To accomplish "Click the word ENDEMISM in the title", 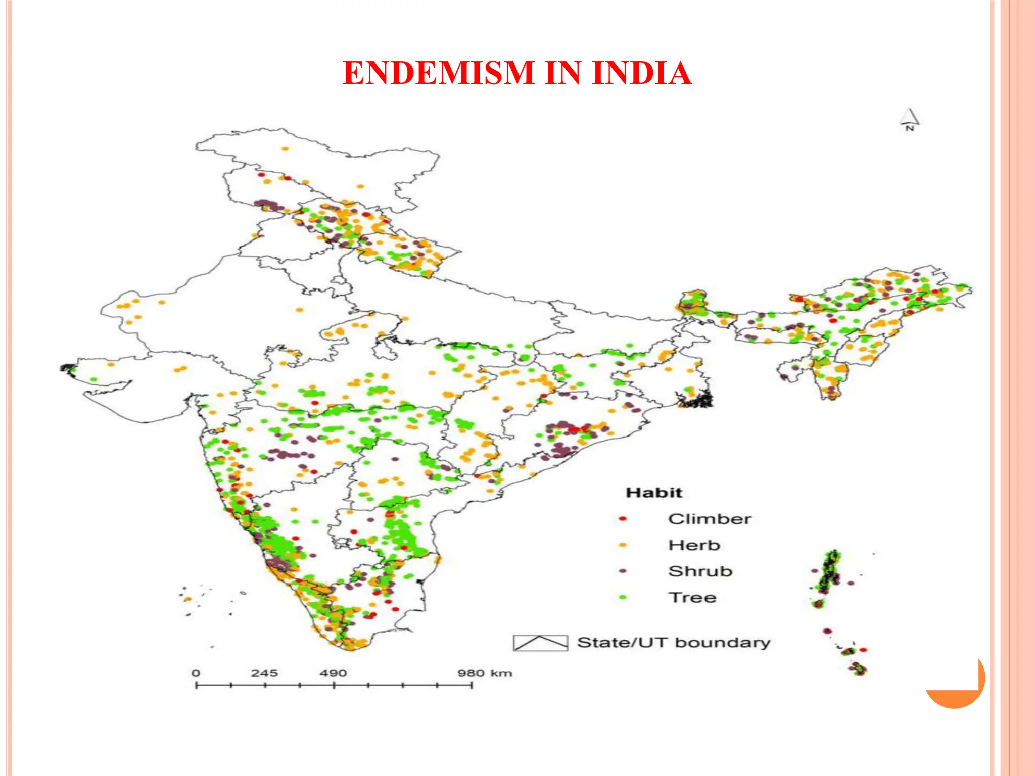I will [x=438, y=73].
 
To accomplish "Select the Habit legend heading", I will [x=653, y=493].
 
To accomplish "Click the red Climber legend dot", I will [x=623, y=519].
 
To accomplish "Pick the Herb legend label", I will [x=694, y=545].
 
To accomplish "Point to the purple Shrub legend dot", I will [x=623, y=571].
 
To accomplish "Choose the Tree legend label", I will [x=692, y=597].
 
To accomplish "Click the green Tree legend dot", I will [x=623, y=597].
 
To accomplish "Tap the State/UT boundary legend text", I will [x=674, y=643].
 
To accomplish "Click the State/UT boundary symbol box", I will [x=540, y=643].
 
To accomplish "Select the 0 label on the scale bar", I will [x=196, y=673].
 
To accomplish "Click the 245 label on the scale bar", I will [x=264, y=673].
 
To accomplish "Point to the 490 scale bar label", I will [x=333, y=673].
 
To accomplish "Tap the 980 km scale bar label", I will [x=485, y=673].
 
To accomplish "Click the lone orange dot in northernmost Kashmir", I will [x=285, y=149].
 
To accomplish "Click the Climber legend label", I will [x=710, y=519].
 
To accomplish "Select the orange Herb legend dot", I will [x=623, y=545].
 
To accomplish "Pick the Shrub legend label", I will [x=700, y=571].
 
